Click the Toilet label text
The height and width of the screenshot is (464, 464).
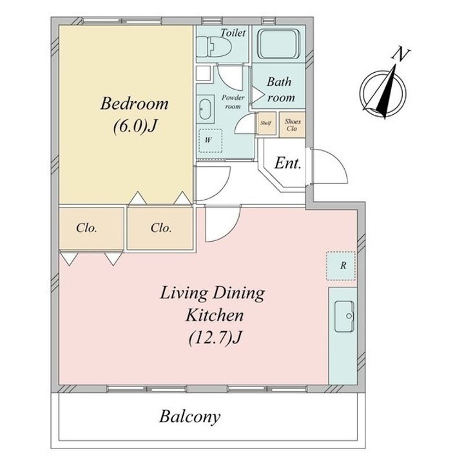[x=233, y=33]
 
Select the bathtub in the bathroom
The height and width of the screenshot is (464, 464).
[x=279, y=44]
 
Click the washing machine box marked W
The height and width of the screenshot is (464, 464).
[x=210, y=140]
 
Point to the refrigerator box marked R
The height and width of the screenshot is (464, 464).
[x=341, y=266]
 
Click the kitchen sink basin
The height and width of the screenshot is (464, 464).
[x=344, y=316]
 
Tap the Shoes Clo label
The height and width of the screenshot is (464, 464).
[x=292, y=125]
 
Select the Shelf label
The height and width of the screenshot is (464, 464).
[x=266, y=123]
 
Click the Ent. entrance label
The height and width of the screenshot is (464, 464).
[x=288, y=163]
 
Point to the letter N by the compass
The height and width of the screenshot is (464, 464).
[x=401, y=54]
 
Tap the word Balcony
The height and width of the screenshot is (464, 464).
[x=190, y=418]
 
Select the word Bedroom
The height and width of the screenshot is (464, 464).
[x=134, y=104]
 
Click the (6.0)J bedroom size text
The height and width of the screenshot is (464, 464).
[x=134, y=127]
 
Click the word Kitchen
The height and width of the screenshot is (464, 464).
[x=215, y=315]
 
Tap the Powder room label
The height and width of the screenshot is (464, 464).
[x=233, y=102]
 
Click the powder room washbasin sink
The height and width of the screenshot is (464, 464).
[x=205, y=109]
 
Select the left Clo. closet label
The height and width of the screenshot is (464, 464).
[x=87, y=228]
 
